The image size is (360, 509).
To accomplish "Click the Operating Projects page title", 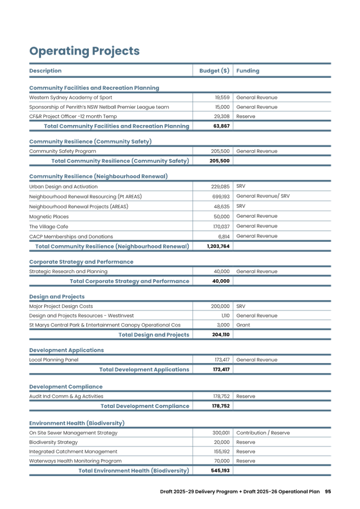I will click(x=85, y=52).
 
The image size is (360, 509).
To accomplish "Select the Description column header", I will click(x=45, y=71).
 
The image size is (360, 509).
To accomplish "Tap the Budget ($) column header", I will click(x=214, y=71).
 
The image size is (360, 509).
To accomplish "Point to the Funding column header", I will click(x=248, y=71).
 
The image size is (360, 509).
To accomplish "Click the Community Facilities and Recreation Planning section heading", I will click(x=94, y=88).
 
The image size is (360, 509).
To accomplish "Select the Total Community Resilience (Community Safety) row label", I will click(x=120, y=161).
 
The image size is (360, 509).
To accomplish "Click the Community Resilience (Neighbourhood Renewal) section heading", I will click(x=98, y=177).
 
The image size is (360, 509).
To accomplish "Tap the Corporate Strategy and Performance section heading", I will click(x=81, y=262).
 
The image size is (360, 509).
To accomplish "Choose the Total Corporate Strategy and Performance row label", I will click(x=130, y=281).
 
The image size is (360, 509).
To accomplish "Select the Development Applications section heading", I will click(x=66, y=350).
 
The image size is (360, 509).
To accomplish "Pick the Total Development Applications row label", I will click(x=144, y=369).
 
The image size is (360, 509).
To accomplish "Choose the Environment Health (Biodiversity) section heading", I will click(x=77, y=423).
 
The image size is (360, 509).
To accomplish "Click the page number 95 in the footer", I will click(x=328, y=491).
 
